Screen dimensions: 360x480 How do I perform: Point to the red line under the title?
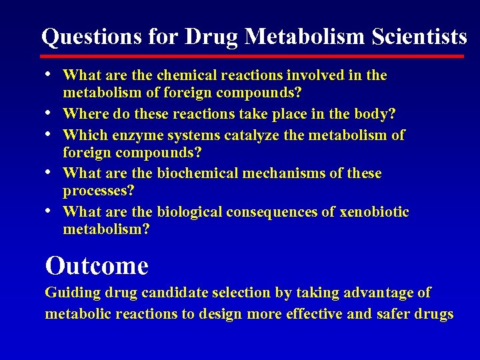click(253, 57)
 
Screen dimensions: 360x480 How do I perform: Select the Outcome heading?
click(97, 266)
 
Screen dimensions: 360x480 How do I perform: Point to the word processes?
click(98, 191)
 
